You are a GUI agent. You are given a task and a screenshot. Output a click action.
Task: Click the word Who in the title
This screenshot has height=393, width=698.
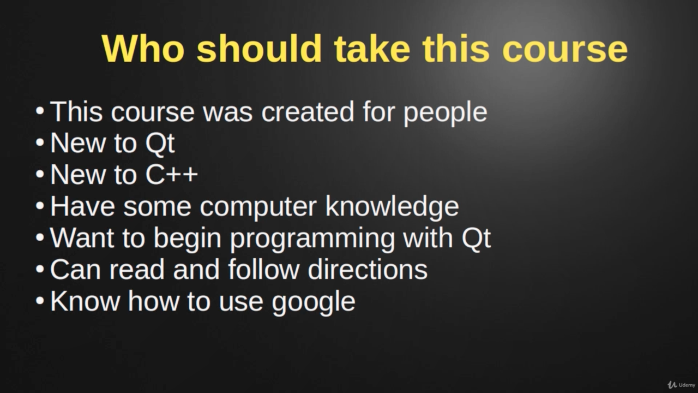pos(143,49)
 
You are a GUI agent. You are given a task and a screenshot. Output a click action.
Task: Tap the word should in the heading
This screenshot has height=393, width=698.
pos(259,49)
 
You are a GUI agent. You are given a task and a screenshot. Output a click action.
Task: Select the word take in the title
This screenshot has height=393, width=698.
pos(372,49)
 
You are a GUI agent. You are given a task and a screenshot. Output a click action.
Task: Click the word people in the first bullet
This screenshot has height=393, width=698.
pos(446,114)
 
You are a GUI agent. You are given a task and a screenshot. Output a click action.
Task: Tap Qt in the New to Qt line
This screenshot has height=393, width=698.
pos(160,144)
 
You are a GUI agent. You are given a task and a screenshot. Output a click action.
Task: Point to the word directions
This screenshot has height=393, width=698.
pos(368,269)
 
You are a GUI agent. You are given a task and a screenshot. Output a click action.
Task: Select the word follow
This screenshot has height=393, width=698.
pos(263,269)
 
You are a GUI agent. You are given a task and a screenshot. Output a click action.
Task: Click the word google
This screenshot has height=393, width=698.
pos(314,302)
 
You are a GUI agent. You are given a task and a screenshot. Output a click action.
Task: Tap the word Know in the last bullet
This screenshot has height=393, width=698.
pos(85,301)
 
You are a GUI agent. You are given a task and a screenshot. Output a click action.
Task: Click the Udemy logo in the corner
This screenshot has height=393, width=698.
pos(681,385)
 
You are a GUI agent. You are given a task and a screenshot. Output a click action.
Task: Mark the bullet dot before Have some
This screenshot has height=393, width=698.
pos(40,206)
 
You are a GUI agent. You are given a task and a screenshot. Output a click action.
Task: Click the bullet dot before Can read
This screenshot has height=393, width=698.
pos(40,269)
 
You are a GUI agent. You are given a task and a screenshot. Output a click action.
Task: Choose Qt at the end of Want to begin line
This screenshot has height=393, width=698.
pos(476,237)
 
